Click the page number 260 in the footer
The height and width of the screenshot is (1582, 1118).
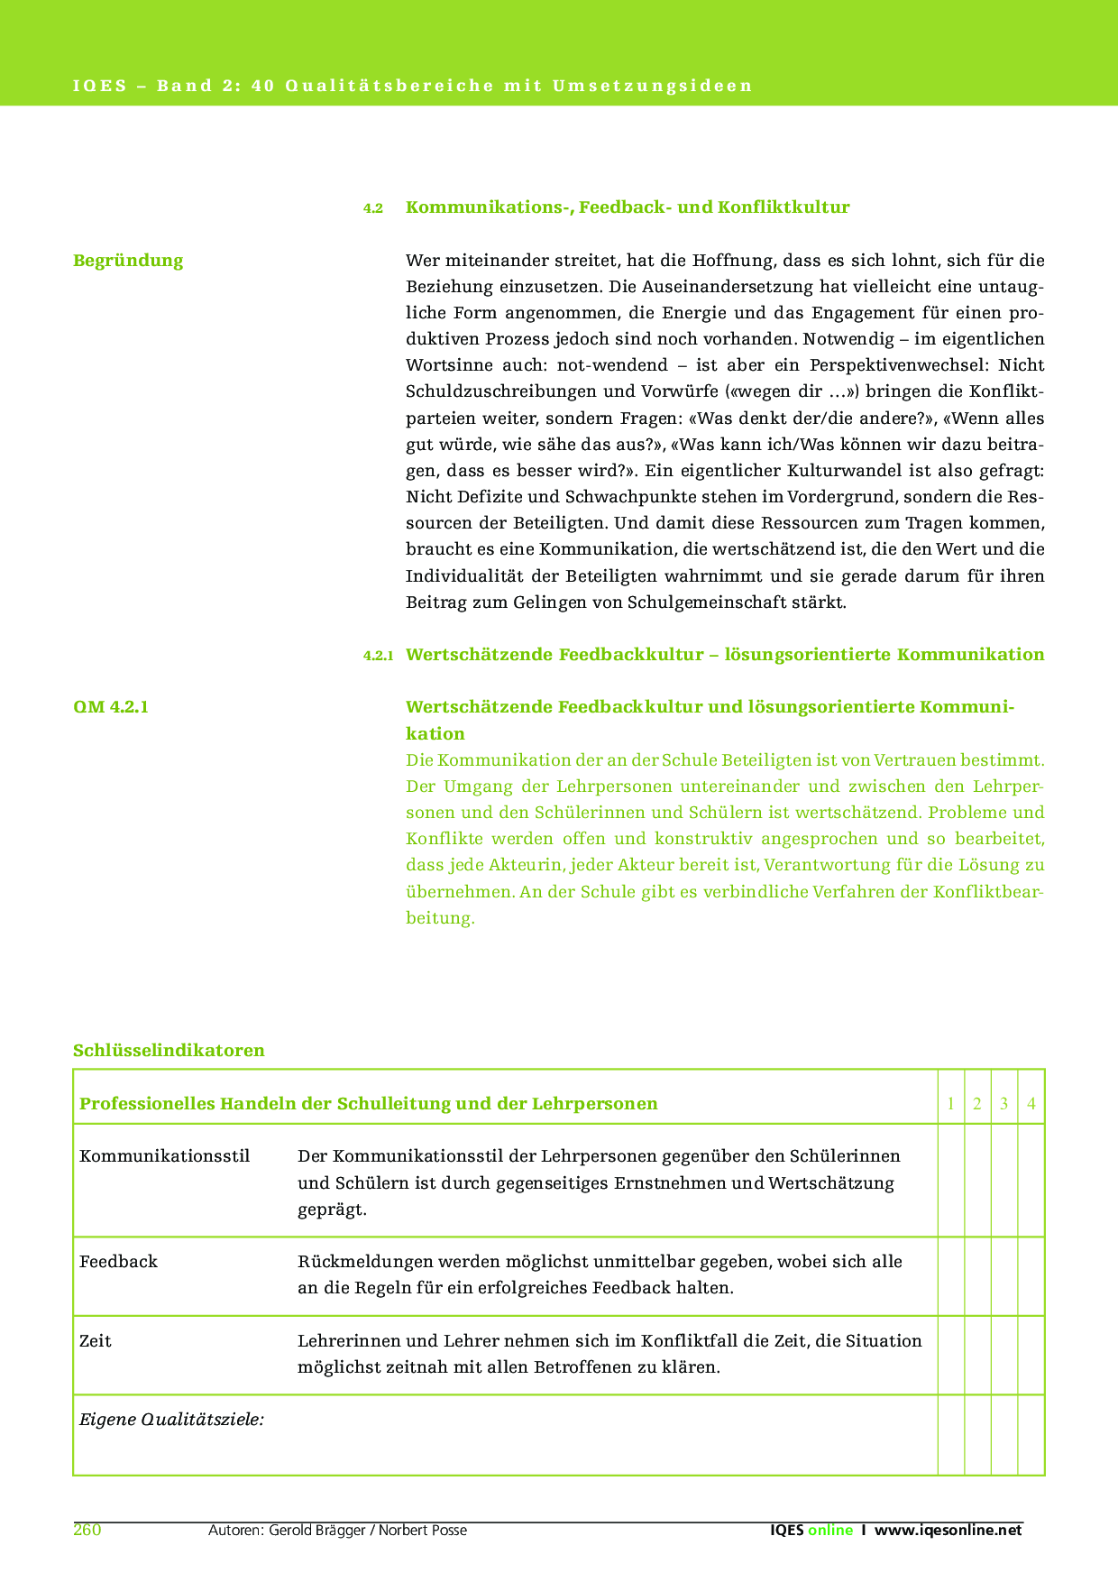tap(87, 1530)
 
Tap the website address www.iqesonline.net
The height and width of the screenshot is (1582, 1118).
tap(948, 1530)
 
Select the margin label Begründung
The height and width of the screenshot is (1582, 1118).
tap(128, 261)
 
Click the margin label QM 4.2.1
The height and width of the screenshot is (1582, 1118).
tap(111, 706)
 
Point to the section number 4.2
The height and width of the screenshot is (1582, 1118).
tap(373, 208)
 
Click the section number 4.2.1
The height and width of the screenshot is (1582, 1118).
tap(378, 656)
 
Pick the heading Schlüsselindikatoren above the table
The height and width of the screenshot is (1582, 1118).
tap(169, 1050)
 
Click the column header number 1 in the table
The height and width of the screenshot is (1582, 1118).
tap(951, 1104)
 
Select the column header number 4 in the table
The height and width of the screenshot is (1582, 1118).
tap(1031, 1104)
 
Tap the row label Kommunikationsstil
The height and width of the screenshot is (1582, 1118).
tap(165, 1156)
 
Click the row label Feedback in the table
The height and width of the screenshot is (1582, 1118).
tap(118, 1262)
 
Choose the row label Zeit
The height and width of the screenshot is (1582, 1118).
tap(96, 1341)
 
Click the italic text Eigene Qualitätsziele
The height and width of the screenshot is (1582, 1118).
tap(171, 1420)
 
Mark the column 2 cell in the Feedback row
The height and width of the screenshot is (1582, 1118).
tap(977, 1275)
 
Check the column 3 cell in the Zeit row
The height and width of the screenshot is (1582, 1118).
tap(1004, 1355)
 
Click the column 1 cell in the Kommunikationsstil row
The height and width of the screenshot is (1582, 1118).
tap(951, 1180)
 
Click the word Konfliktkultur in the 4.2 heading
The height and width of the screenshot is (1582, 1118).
tap(784, 207)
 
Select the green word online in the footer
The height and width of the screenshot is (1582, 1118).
tap(830, 1530)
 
